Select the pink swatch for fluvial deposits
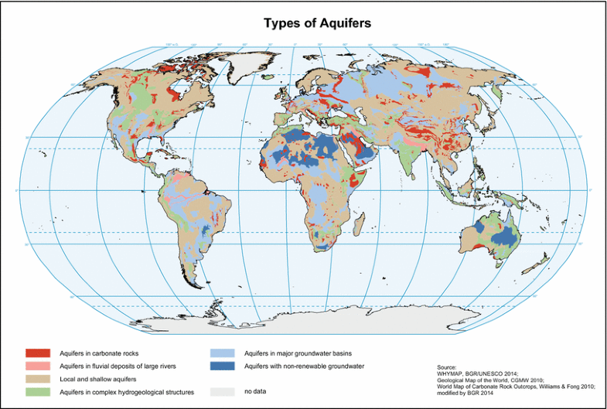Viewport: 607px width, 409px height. (37, 366)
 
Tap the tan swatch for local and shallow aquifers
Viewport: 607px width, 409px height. (37, 379)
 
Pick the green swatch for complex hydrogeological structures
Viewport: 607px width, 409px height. (37, 392)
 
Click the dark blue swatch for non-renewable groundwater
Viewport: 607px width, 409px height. (222, 366)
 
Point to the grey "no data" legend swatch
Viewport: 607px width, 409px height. (222, 392)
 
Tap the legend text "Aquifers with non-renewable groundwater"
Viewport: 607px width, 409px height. (304, 366)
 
